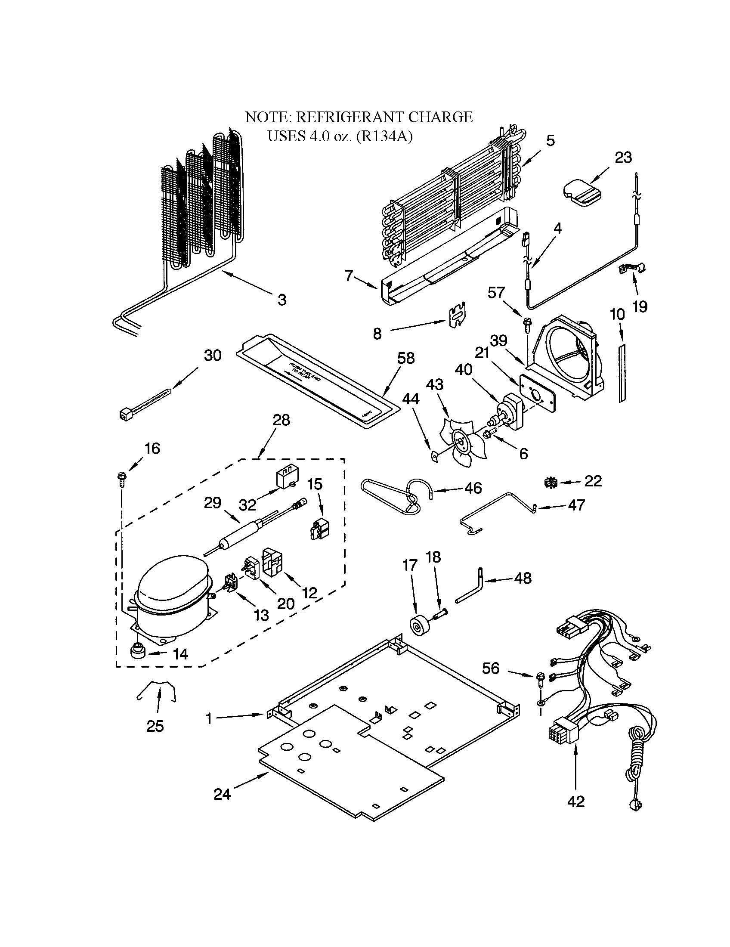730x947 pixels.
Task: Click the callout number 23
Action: pos(623,158)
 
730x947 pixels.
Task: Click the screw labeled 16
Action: pos(120,477)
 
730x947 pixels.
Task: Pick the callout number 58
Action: pos(406,358)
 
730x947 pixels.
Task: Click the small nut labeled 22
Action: pos(551,481)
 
